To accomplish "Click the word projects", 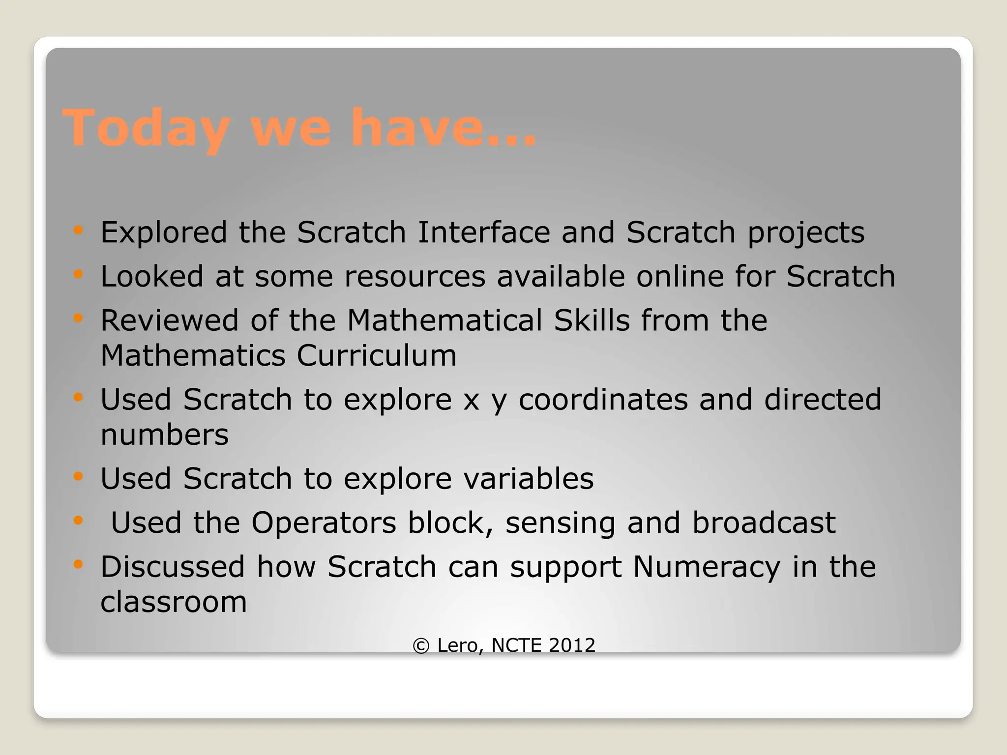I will click(806, 233).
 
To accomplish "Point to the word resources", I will click(415, 276).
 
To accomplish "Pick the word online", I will click(680, 276).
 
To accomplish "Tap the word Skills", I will click(592, 320).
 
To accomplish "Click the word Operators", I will click(324, 523).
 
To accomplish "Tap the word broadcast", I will click(764, 523).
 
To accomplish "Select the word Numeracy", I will click(707, 567).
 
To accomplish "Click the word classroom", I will click(174, 602).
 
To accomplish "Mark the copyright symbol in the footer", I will click(421, 645).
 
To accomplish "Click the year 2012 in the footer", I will click(572, 645).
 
